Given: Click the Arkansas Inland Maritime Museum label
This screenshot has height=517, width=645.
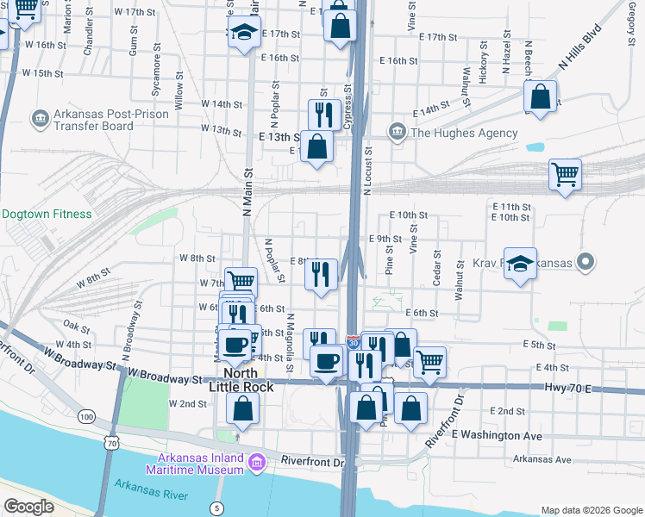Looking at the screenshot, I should (200, 464).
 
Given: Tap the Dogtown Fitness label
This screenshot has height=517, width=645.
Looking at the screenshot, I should (47, 214).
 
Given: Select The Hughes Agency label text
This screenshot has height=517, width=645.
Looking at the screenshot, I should (464, 133).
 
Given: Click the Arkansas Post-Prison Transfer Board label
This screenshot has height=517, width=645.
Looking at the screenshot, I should (82, 120).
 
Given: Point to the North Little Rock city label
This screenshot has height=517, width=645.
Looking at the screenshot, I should (241, 380).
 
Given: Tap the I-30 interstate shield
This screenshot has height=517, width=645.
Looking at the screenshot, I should (353, 342).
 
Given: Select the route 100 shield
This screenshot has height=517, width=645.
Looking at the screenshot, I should (86, 417).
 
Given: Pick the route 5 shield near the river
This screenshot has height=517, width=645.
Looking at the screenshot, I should (216, 508).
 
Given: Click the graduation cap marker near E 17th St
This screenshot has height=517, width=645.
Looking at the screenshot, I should (244, 33).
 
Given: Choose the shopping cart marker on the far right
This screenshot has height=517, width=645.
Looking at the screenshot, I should (566, 175).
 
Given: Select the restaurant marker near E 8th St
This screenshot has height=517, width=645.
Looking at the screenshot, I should (321, 275).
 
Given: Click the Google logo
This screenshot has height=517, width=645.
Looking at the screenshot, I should (28, 507).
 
